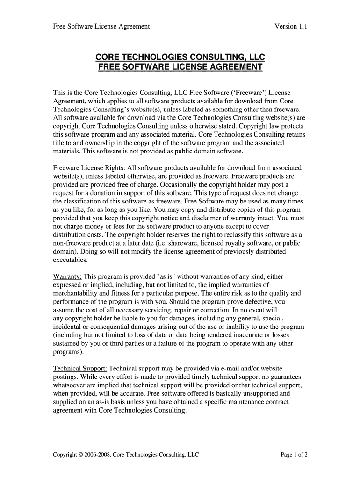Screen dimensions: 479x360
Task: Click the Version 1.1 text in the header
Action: (290, 27)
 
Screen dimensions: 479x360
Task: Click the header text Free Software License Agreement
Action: (101, 27)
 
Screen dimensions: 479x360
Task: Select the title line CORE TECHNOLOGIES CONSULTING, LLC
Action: (180, 57)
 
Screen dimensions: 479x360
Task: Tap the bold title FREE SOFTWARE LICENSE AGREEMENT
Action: (180, 67)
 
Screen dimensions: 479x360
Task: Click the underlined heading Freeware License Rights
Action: (88, 167)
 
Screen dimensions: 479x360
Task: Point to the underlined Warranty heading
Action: (67, 276)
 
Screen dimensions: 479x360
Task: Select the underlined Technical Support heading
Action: (80, 369)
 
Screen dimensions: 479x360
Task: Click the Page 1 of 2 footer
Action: (294, 454)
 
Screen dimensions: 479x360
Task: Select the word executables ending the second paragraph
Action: (70, 260)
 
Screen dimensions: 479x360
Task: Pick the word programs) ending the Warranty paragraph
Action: (68, 352)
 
